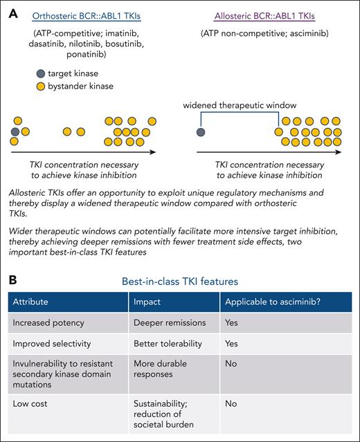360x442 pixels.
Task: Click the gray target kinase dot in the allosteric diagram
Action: tap(201, 131)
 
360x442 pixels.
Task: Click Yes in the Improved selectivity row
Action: tap(231, 342)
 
